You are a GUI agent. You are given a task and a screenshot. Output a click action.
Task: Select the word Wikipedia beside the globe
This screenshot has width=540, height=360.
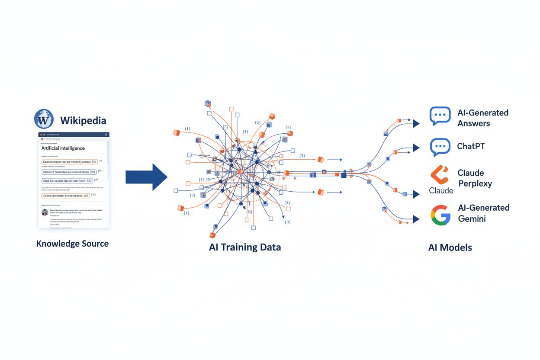click(83, 120)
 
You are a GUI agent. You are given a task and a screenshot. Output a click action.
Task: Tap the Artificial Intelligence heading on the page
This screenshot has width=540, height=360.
click(63, 148)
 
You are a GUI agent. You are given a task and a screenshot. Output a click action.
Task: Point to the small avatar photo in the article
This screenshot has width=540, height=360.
click(45, 212)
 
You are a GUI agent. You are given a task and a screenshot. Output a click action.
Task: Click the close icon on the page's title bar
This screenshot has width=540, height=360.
click(105, 135)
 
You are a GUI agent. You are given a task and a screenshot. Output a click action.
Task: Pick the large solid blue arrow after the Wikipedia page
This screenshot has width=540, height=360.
click(146, 177)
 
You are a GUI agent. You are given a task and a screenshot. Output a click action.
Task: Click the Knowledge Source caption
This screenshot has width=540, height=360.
click(72, 244)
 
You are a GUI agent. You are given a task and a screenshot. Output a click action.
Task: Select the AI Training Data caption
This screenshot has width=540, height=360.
click(244, 247)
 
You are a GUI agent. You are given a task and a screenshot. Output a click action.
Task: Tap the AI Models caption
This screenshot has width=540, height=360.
click(450, 247)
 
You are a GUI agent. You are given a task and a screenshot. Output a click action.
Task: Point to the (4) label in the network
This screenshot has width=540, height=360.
click(245, 132)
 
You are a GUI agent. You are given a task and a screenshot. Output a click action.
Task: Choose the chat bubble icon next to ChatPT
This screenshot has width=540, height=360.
click(440, 147)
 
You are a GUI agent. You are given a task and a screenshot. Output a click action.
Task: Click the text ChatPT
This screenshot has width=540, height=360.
click(471, 146)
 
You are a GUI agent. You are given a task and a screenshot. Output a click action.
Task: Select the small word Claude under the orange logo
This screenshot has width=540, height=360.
click(441, 190)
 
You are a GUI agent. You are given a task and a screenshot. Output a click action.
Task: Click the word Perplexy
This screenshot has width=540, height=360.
click(475, 183)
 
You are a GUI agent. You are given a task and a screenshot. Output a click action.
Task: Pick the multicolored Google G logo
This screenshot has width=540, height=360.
click(440, 215)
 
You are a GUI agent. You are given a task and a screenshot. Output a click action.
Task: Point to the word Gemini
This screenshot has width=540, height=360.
click(472, 219)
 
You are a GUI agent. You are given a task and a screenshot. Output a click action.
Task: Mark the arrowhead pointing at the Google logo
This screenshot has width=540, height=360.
click(416, 219)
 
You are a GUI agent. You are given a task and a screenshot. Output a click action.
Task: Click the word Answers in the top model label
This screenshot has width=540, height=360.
click(474, 124)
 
